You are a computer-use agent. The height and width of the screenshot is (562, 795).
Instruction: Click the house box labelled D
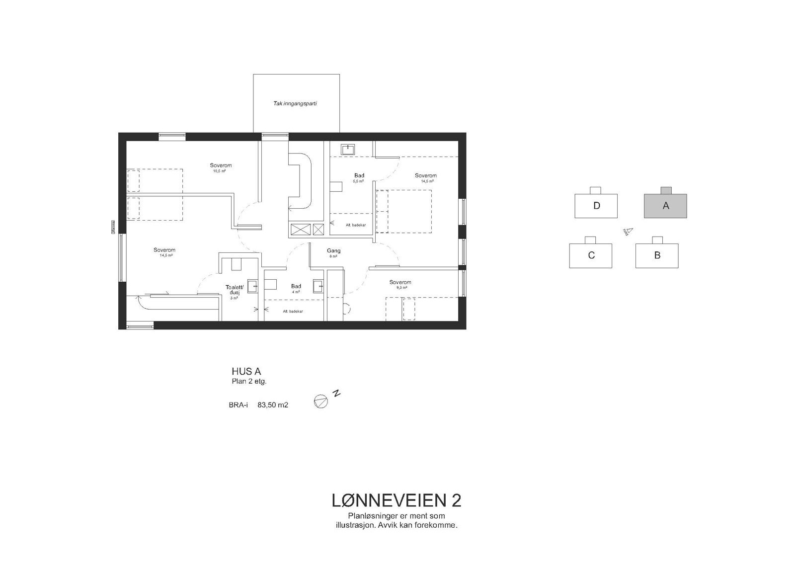point(596,206)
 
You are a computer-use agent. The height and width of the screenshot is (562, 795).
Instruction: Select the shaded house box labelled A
point(665,206)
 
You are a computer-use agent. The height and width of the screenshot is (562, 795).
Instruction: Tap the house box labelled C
point(590,255)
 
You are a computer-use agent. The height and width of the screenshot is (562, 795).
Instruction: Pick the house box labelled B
point(657,255)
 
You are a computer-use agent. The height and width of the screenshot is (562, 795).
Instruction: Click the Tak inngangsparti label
point(295,104)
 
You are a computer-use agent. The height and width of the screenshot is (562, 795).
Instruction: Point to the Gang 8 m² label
point(333,253)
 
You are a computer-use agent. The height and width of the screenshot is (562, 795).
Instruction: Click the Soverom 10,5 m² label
point(221,167)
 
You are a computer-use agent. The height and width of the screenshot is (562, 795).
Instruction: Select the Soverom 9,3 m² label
point(400,285)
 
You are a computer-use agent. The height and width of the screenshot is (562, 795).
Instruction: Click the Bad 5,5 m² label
point(359,178)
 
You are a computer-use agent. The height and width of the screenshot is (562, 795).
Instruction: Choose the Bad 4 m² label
point(296,289)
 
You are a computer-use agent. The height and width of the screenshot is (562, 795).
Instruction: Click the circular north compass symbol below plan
point(321,401)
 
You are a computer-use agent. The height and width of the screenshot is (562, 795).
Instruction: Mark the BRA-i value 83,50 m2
point(273,405)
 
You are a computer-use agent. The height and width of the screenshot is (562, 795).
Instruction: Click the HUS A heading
point(246,371)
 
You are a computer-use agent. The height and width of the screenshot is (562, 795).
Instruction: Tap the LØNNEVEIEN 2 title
point(396,500)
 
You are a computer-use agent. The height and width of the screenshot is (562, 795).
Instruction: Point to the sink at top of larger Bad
point(348,149)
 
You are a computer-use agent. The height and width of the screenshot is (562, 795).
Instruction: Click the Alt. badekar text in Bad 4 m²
point(293,311)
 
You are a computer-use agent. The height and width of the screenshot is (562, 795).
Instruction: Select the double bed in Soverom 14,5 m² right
point(403,211)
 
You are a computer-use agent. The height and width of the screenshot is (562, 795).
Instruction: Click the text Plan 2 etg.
point(249,382)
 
